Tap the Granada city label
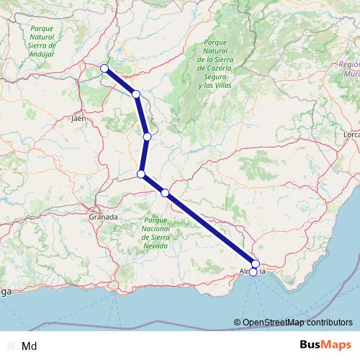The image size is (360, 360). coord(103,216)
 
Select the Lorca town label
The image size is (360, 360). coord(352,135)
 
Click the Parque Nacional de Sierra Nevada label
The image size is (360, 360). coord(156,233)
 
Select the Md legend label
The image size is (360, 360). coord(30,346)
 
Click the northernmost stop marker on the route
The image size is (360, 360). coord(105,68)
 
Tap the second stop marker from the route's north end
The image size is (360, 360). coord(136,94)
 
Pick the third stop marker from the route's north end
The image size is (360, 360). coord(147,137)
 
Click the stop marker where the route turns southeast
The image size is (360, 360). coord(142,174)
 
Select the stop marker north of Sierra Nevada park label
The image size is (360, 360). coord(166,192)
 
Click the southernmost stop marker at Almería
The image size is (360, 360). coord(253,272)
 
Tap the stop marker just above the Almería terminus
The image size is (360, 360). coord(256,264)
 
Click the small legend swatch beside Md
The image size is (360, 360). coord(11,346)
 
